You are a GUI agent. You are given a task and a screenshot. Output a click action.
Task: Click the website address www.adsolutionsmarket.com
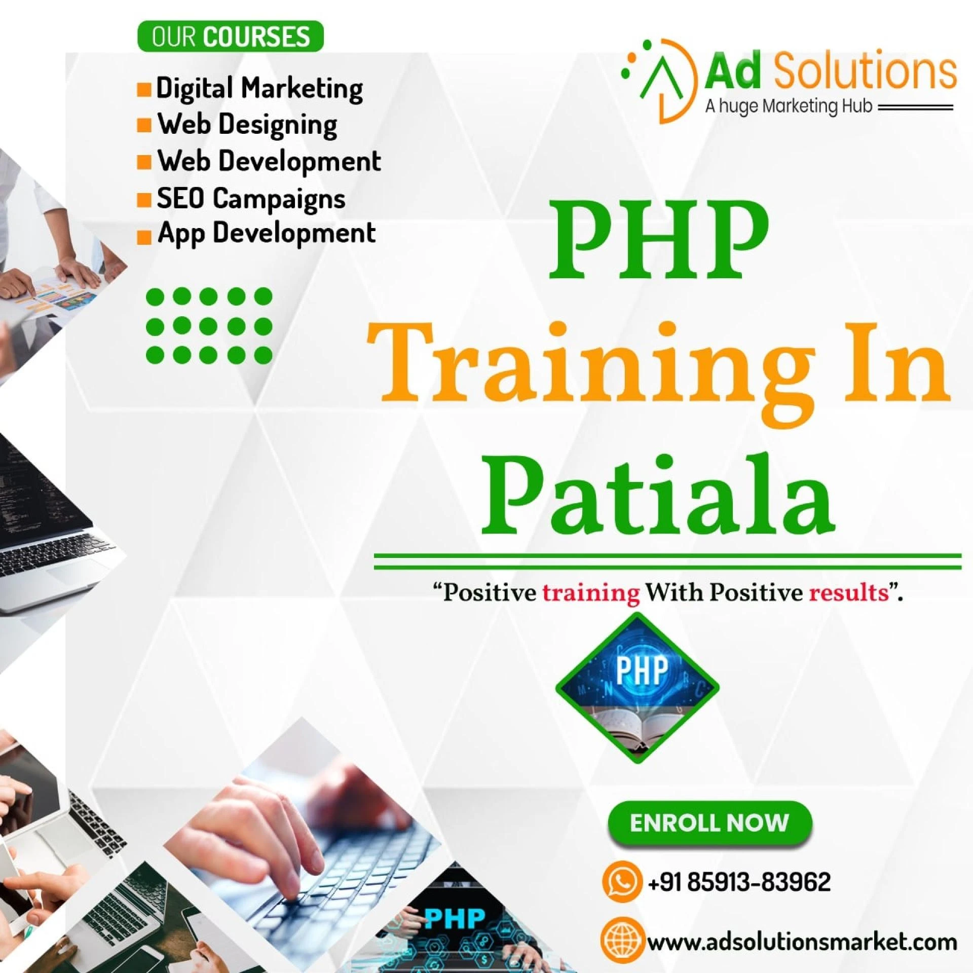pyautogui.click(x=803, y=942)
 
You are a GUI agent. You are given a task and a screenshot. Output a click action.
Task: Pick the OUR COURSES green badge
pyautogui.click(x=230, y=36)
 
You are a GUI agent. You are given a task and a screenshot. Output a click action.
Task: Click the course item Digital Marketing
pyautogui.click(x=259, y=88)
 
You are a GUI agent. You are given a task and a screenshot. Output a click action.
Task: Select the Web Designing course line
pyautogui.click(x=247, y=125)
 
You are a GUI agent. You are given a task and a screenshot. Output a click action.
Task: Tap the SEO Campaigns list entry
pyautogui.click(x=251, y=198)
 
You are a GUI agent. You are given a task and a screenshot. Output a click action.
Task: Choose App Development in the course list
pyautogui.click(x=267, y=234)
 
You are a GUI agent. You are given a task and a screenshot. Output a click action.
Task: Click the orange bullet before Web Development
pyautogui.click(x=144, y=162)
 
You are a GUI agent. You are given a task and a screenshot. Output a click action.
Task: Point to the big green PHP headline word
pyautogui.click(x=657, y=240)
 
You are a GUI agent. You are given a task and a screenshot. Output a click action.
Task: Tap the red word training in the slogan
pyautogui.click(x=590, y=593)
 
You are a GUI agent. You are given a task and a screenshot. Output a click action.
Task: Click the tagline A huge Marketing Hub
pyautogui.click(x=789, y=107)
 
